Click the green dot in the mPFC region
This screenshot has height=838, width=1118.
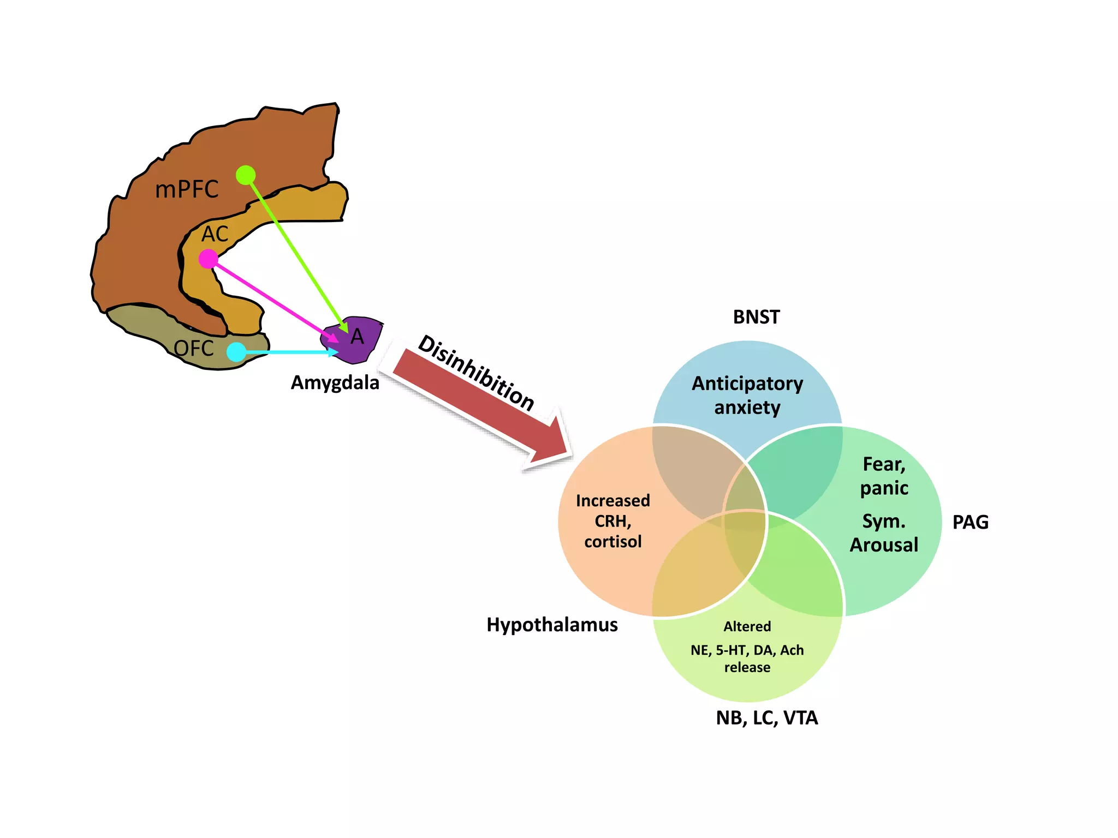tap(246, 175)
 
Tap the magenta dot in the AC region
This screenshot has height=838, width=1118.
tap(208, 259)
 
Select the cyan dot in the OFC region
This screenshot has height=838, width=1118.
tap(236, 352)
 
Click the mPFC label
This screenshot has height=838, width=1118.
tap(187, 189)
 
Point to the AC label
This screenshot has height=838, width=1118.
tap(215, 234)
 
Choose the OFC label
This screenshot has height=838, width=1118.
tap(193, 348)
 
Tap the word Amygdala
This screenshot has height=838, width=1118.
tap(335, 382)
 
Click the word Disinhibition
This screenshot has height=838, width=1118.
tap(475, 373)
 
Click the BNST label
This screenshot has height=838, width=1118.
tap(756, 317)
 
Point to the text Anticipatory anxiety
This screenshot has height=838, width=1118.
tap(747, 395)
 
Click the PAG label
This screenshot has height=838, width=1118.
tap(970, 522)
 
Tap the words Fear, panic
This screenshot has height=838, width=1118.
tap(884, 476)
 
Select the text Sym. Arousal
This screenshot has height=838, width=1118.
tap(884, 533)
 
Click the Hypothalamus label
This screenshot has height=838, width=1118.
tap(552, 625)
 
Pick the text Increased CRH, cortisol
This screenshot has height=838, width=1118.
tap(612, 521)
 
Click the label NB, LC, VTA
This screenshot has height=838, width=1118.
tap(766, 718)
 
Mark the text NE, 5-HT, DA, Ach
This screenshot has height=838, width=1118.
tap(747, 650)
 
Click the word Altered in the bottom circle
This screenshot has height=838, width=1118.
tap(747, 626)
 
